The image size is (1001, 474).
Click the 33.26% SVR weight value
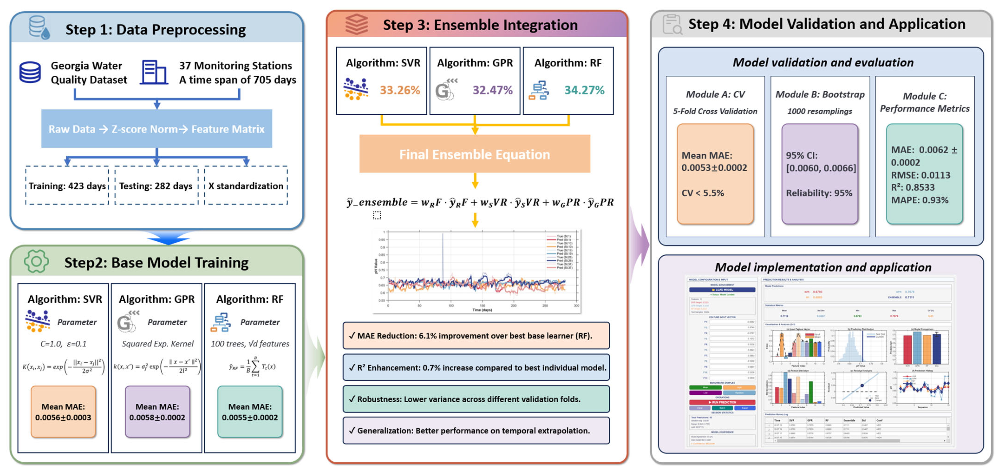click(400, 90)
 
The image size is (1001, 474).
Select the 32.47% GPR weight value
click(492, 90)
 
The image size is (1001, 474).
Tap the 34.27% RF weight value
click(584, 90)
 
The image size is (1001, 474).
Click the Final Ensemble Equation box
click(475, 154)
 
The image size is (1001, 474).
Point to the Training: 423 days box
click(67, 186)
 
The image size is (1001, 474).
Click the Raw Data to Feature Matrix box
click(157, 129)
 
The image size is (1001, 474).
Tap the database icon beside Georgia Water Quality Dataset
click(30, 72)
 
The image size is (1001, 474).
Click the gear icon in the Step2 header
click(36, 261)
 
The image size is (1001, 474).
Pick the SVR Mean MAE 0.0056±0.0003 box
click(63, 412)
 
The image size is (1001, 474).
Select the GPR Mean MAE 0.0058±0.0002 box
click(157, 412)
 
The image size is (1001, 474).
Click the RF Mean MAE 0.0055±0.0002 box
click(250, 412)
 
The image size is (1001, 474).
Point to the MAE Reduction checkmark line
click(476, 336)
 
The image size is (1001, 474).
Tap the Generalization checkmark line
click(476, 431)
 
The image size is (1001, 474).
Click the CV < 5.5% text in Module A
click(703, 193)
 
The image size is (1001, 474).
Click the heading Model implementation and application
click(823, 267)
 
